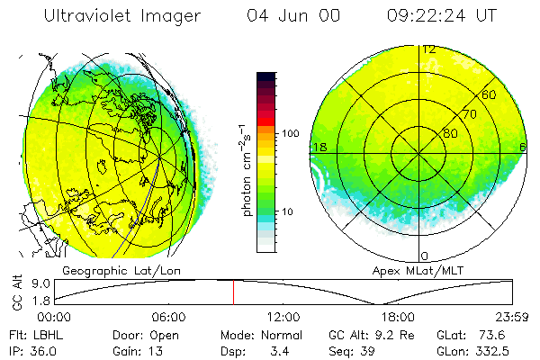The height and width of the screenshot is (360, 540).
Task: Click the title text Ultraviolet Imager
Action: coord(122,15)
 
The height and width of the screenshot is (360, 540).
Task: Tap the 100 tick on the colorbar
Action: coord(290,133)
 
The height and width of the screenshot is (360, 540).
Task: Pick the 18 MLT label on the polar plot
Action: coord(318,147)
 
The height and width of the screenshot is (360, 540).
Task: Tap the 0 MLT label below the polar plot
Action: coord(425,256)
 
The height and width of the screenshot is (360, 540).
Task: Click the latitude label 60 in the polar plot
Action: coord(490,94)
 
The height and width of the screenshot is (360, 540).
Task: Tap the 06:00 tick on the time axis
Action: coord(169,317)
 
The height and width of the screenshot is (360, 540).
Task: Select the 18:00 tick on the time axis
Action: coord(398,317)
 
